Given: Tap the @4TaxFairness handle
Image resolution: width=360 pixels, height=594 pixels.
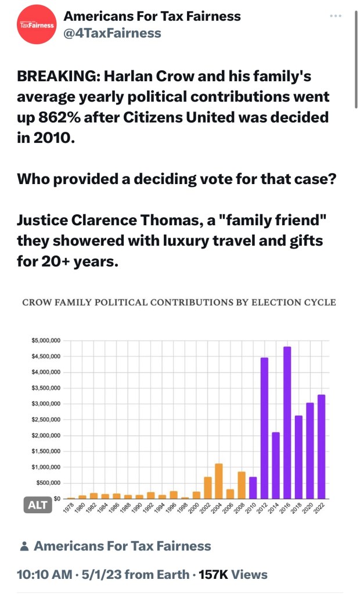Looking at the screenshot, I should pos(112,33).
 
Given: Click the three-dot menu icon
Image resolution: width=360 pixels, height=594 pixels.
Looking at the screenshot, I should pos(336,16).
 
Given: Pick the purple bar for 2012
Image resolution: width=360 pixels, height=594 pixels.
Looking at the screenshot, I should pos(264,428).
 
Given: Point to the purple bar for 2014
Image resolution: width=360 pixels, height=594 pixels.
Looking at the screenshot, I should pos(276,465).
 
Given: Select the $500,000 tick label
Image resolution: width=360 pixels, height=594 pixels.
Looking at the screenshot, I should pos(48,483).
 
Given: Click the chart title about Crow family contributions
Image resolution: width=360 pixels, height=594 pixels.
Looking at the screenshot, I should pos(179,302).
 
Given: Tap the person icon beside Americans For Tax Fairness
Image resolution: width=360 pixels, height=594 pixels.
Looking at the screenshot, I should pos(24,546).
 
